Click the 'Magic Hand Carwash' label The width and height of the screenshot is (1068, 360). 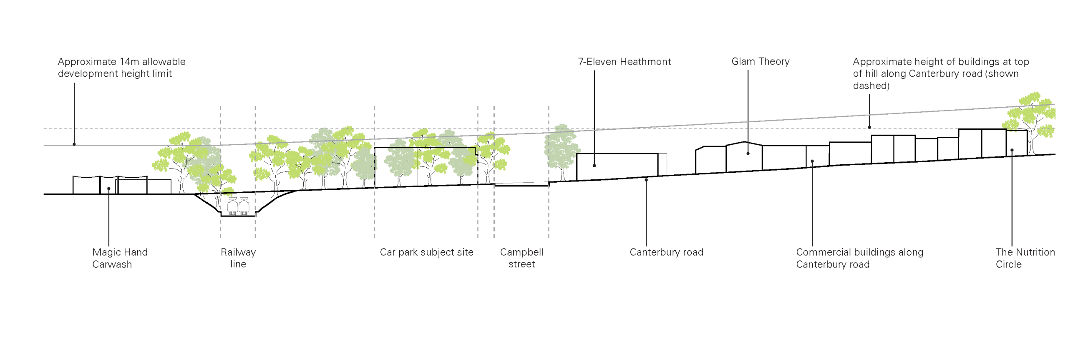click(x=120, y=258)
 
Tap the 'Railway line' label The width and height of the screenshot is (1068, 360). click(x=238, y=258)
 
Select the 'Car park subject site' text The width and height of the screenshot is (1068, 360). click(x=426, y=252)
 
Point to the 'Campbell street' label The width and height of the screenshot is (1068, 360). click(x=521, y=258)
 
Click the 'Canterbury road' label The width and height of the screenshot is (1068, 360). click(x=666, y=252)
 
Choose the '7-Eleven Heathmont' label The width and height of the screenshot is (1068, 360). click(x=624, y=62)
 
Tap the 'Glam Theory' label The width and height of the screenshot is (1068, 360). click(x=760, y=61)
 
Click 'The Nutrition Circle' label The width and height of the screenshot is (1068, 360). click(x=1025, y=258)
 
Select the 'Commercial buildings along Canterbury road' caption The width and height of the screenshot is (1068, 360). click(x=859, y=258)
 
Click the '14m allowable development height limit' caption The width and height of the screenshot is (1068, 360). click(x=121, y=68)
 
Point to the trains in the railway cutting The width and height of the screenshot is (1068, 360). click(x=238, y=206)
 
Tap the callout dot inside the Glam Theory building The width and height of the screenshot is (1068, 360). click(x=748, y=154)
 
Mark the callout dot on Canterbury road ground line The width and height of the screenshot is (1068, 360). click(x=646, y=180)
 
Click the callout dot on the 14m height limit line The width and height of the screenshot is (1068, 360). click(x=74, y=144)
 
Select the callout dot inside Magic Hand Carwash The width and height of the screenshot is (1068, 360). click(x=108, y=189)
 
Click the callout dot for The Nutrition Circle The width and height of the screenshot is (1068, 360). click(x=1012, y=150)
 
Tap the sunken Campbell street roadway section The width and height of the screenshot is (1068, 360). click(x=521, y=184)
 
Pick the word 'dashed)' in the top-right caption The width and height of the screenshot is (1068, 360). click(x=871, y=86)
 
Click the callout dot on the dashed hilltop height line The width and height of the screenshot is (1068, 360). click(x=869, y=127)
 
